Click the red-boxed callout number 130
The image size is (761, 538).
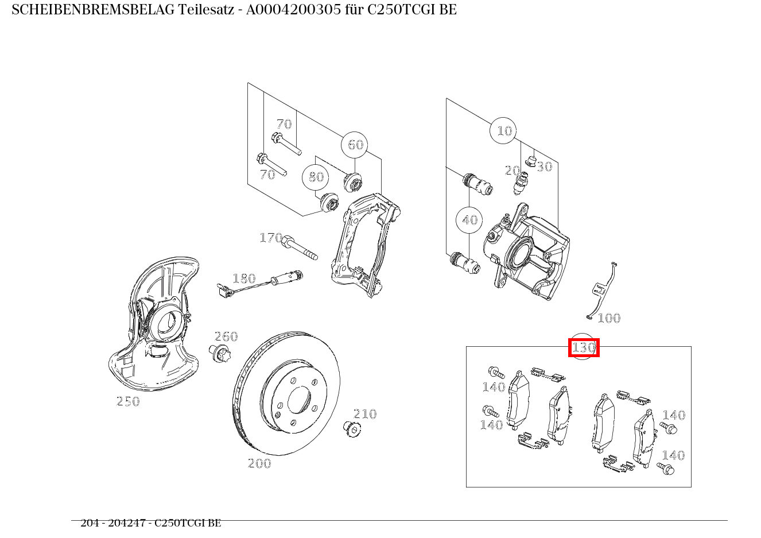[584, 347]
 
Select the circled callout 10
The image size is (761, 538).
[503, 131]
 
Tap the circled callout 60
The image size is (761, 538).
[355, 145]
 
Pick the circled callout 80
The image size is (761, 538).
[316, 177]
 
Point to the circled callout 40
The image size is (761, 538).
[469, 220]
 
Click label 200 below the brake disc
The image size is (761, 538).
[259, 463]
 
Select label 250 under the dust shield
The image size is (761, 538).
[128, 401]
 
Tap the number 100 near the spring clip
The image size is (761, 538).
[609, 318]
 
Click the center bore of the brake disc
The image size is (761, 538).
[299, 399]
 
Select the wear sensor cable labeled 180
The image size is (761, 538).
[258, 282]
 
